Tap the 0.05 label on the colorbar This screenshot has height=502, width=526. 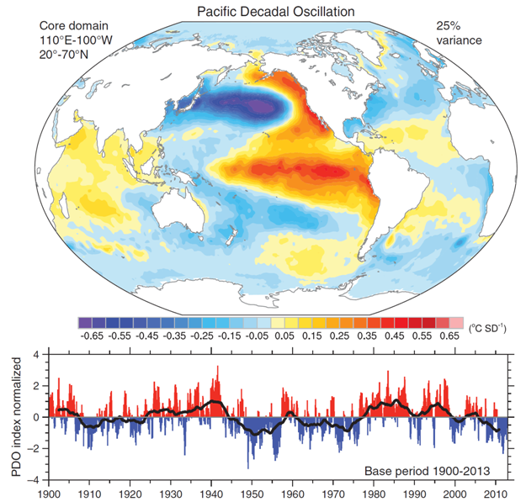tap(284, 336)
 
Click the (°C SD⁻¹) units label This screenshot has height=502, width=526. tap(491, 326)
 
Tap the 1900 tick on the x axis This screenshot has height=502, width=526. tap(50, 492)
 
